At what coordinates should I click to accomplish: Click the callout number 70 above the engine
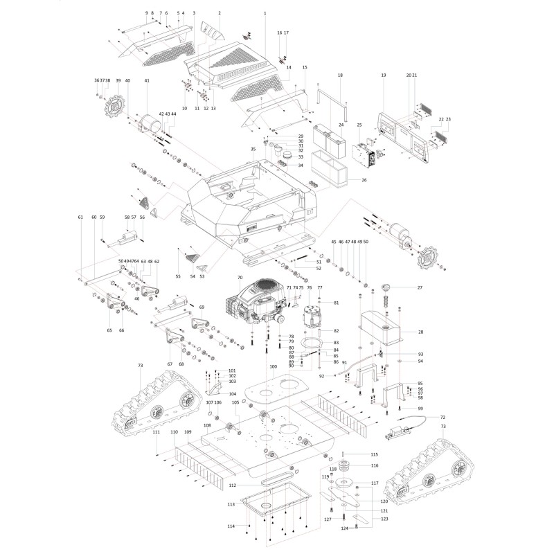240,278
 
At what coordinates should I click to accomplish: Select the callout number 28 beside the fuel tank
420,332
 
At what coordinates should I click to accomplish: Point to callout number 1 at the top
265,14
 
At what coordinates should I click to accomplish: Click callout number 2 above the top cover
219,14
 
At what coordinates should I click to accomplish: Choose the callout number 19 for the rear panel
383,74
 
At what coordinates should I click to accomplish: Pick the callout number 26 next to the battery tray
364,180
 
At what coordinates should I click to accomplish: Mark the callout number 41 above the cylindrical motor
147,81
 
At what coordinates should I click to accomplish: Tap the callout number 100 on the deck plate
273,366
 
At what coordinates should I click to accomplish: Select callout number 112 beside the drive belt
233,484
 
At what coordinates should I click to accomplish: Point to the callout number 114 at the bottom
231,527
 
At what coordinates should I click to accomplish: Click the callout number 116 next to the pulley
375,465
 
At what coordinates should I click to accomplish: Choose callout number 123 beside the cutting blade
384,519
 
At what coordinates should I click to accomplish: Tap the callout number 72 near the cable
442,418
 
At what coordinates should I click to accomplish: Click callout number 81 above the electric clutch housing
336,303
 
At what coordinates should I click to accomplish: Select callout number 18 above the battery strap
340,74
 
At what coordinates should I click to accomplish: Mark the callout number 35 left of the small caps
253,149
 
